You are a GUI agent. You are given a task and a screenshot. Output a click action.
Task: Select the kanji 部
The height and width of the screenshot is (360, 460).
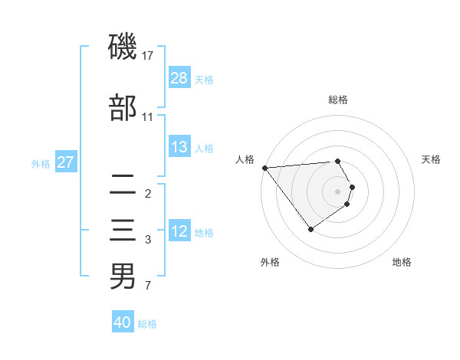[x=123, y=108]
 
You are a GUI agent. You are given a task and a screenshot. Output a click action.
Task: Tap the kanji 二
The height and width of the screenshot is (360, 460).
[x=123, y=185]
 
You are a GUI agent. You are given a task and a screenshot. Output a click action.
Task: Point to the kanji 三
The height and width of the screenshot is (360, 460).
[x=123, y=232]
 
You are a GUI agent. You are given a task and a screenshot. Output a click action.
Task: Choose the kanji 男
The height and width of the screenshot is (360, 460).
[x=123, y=277]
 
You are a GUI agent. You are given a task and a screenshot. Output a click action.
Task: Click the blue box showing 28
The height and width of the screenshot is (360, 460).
[x=179, y=78]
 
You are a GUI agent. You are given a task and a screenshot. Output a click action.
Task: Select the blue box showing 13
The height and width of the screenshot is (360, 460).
[x=179, y=147]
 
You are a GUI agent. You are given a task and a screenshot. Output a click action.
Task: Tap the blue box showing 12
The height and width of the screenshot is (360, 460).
[x=179, y=232]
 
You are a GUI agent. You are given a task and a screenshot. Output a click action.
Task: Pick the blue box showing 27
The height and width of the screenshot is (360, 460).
[x=65, y=162]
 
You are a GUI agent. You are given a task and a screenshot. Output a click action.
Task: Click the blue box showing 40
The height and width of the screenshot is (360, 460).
[x=123, y=322]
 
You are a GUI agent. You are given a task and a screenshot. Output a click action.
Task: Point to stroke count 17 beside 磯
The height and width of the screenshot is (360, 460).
[x=148, y=56]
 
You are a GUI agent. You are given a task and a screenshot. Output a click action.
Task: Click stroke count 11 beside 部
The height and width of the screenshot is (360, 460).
[x=148, y=117]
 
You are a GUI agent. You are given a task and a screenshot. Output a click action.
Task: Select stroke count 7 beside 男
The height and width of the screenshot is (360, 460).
[x=148, y=286]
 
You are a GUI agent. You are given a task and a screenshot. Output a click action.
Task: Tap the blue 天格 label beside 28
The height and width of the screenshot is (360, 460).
[x=204, y=79]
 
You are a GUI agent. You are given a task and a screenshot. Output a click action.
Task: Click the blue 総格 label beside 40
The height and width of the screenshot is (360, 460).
[x=147, y=324]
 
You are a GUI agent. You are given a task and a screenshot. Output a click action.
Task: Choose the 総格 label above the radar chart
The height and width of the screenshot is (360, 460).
[x=338, y=100]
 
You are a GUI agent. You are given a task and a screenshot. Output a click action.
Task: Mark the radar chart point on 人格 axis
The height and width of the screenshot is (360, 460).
[x=264, y=168]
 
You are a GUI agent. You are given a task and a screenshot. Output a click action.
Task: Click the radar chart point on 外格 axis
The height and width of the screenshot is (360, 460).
[x=310, y=229]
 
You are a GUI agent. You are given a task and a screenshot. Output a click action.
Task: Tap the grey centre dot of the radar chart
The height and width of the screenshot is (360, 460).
[x=337, y=191]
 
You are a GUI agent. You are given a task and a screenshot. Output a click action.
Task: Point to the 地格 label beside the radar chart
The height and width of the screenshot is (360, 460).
[x=402, y=262]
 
